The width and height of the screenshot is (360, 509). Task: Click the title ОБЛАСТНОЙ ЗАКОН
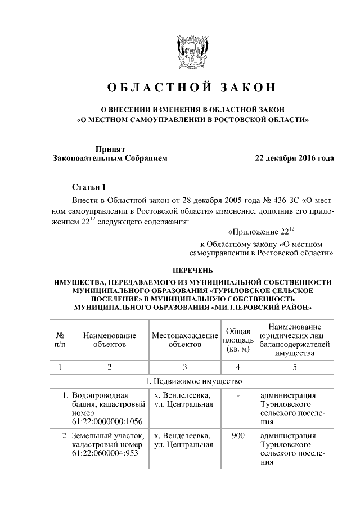(192, 88)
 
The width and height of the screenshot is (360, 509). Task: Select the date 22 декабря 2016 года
(294, 158)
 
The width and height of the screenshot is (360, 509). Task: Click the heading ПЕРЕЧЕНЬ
(191, 271)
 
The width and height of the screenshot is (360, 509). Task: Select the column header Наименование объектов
(110, 339)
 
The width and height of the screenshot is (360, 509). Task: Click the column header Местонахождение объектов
(184, 339)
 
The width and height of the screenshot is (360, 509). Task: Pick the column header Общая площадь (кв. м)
(238, 339)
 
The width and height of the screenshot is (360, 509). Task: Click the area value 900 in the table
(238, 435)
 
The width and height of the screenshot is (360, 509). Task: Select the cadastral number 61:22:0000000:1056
(107, 421)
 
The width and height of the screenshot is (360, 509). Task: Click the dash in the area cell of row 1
(238, 396)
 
